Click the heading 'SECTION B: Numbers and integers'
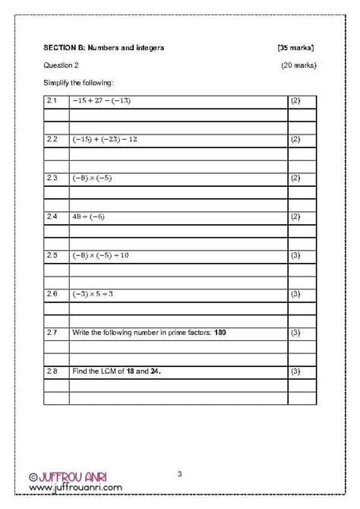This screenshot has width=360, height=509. point(104,48)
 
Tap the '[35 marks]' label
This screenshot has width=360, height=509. point(296,48)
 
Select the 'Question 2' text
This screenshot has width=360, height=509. point(61,65)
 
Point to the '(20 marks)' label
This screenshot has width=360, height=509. point(298,65)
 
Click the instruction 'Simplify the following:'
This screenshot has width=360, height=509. point(77,82)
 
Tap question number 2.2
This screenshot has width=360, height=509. point(52,140)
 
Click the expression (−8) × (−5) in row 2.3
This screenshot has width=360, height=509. point(93,178)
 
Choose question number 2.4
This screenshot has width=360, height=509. point(52,217)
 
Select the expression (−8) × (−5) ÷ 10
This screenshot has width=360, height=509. point(101,255)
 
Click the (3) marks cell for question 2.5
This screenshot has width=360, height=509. point(295,255)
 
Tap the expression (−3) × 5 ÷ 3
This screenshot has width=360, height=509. point(96,293)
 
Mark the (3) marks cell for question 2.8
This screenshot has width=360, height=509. point(295,371)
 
